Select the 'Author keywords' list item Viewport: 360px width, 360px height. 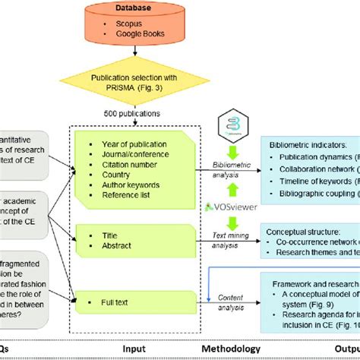[x=131, y=184]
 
